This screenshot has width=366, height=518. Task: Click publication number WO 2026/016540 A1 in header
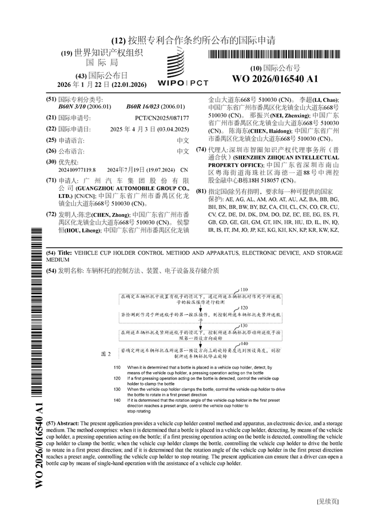274,78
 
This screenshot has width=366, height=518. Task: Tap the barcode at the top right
274,55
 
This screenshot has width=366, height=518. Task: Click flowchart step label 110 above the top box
244,290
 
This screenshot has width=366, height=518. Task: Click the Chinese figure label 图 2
106,354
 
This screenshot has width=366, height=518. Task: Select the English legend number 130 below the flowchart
117,389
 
